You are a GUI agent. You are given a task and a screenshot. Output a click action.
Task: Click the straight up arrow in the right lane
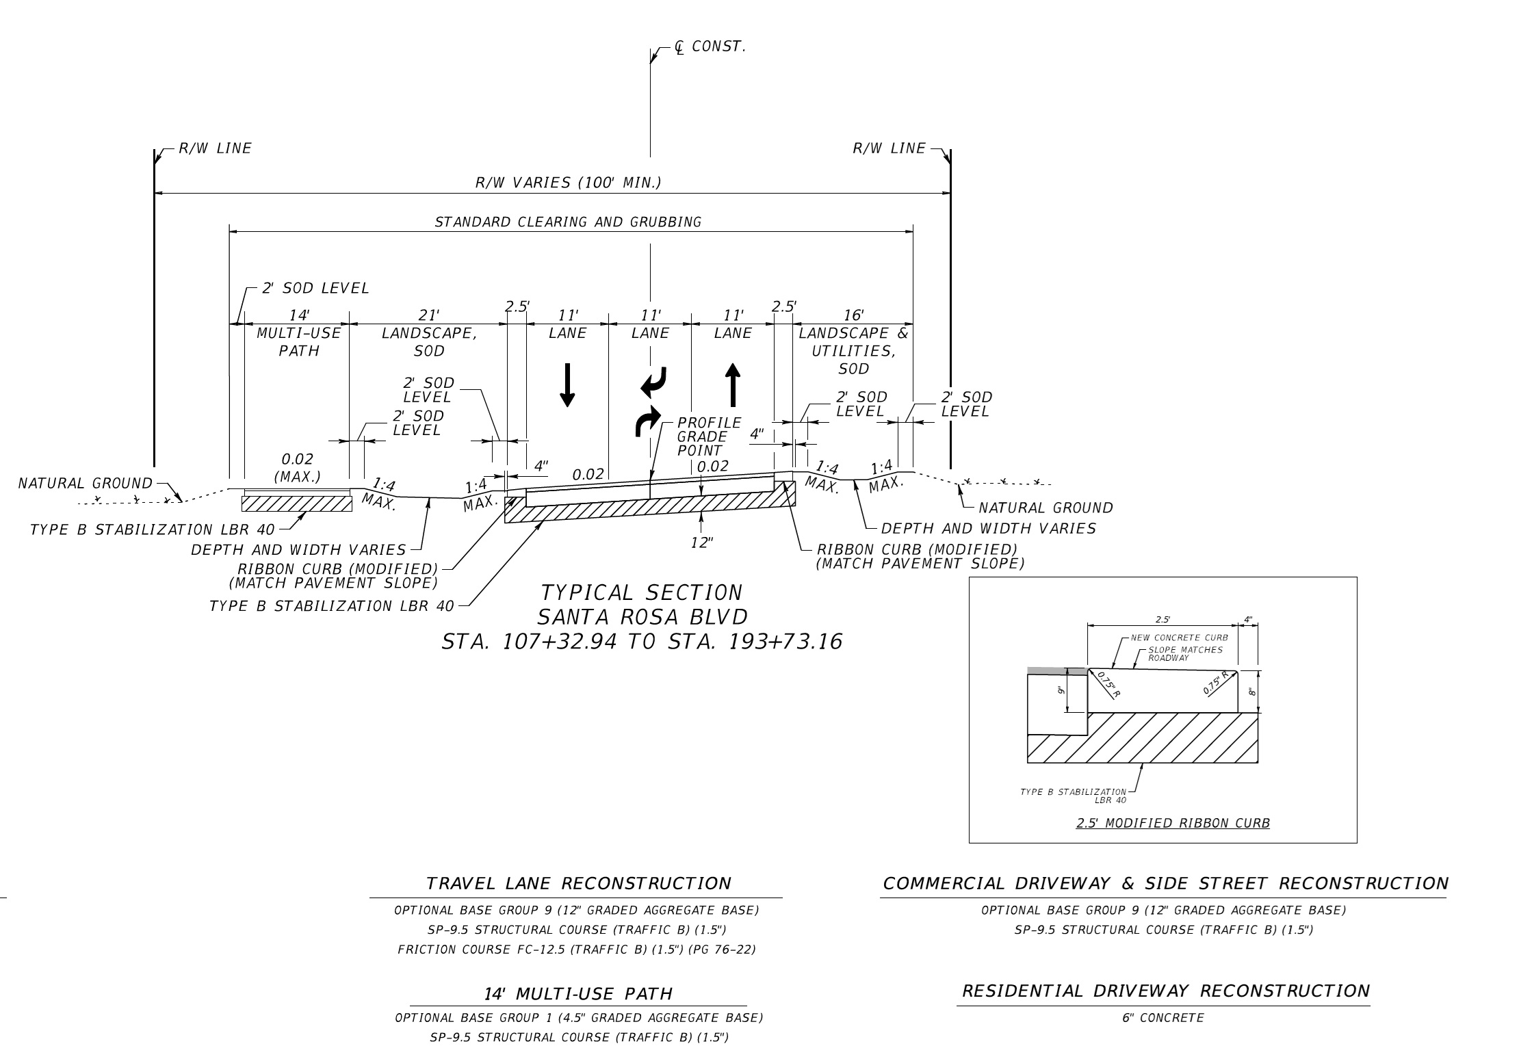(x=733, y=385)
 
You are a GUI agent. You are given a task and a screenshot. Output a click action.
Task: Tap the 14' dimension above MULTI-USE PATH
(x=299, y=315)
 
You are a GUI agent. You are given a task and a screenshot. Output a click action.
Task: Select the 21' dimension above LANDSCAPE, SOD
(x=429, y=315)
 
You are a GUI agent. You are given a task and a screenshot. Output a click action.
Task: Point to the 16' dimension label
(x=853, y=315)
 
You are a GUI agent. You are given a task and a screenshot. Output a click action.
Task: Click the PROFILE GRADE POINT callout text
(x=709, y=436)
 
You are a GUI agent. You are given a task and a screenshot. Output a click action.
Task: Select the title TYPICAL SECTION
(x=641, y=592)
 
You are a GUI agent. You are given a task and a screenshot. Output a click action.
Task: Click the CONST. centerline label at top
(x=718, y=47)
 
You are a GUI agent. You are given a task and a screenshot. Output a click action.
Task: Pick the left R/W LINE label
(x=215, y=148)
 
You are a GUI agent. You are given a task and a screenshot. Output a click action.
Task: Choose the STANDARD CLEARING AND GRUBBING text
(x=568, y=222)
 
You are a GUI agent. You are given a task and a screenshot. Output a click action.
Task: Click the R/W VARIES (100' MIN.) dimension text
(x=568, y=183)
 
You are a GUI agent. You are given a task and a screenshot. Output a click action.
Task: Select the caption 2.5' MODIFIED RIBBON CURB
(x=1173, y=823)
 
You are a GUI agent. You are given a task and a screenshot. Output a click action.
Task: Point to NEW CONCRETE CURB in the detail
(x=1179, y=638)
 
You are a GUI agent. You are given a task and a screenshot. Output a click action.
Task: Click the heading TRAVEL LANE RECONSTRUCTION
(x=578, y=883)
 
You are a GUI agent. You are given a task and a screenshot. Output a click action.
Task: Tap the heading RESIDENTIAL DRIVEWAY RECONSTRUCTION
(x=1166, y=991)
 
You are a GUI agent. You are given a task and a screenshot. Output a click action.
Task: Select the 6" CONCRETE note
(x=1162, y=1018)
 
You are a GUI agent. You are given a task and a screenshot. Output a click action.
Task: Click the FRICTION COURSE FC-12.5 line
(x=576, y=949)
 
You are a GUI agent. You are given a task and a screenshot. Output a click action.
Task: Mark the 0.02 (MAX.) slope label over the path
(x=297, y=467)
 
